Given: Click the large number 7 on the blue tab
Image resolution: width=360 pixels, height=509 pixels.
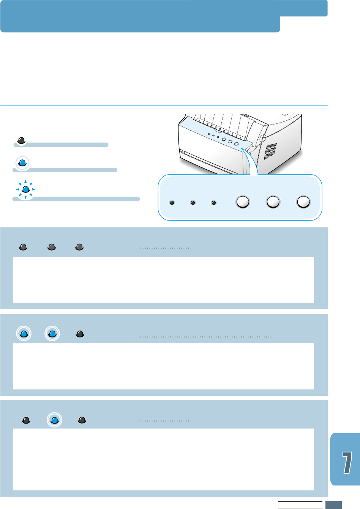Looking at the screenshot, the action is (x=347, y=462).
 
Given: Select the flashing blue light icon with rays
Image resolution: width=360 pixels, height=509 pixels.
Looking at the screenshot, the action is (x=25, y=189).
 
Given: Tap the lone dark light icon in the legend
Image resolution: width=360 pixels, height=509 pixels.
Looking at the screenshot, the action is (x=21, y=140).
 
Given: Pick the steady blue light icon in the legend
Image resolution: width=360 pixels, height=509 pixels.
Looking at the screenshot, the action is (x=22, y=163).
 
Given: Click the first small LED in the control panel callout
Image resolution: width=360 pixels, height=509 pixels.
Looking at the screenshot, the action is (x=172, y=203).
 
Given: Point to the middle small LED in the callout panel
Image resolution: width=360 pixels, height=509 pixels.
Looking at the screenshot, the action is (x=193, y=203).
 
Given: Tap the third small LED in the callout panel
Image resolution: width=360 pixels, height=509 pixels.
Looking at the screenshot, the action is (x=214, y=203).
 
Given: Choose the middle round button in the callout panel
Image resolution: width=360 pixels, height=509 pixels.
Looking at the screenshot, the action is (x=273, y=202).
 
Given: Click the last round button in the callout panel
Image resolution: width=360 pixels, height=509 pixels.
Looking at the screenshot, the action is (x=303, y=202).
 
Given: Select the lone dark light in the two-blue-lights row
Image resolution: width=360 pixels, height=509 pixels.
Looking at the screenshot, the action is (x=80, y=334).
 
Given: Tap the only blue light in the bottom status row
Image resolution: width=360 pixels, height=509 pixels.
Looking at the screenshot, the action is (x=54, y=420).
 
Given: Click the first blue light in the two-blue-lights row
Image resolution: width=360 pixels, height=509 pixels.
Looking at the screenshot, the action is (x=24, y=334).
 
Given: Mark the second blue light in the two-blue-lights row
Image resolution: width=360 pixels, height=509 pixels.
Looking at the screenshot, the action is (x=52, y=334).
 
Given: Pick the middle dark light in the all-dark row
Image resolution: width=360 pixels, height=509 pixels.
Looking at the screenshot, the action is (x=52, y=247).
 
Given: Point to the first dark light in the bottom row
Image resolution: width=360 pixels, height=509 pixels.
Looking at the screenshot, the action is (x=26, y=420).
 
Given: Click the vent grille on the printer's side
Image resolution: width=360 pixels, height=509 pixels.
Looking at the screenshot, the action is (x=270, y=151).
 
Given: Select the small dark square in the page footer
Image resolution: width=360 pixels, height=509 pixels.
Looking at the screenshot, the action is (x=333, y=505).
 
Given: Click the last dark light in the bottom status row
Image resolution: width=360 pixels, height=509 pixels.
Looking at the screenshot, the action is (x=82, y=420).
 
